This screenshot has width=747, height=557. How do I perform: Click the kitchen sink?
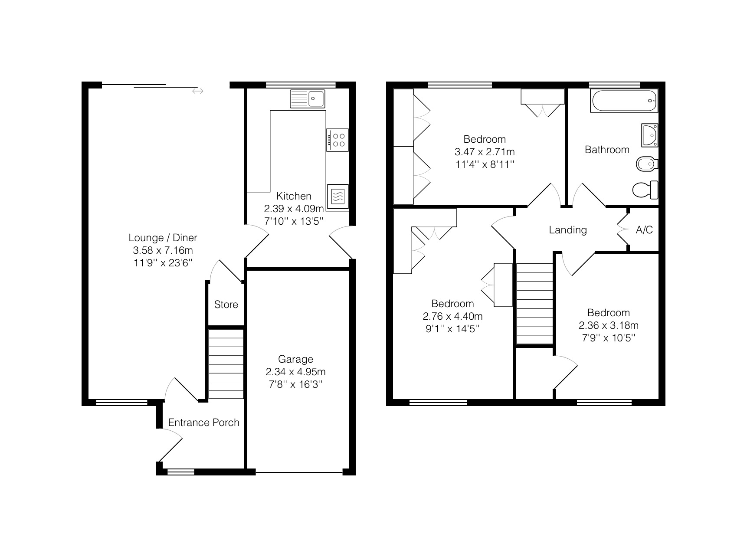coord(308,98)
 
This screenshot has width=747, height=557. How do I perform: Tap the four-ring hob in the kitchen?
coord(337,140)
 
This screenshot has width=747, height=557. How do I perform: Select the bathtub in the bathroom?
coord(624,101)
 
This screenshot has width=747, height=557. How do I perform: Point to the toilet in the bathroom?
coord(645,190)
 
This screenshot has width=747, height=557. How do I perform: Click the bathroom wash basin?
coord(650,135)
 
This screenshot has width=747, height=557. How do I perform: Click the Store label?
coord(226,305)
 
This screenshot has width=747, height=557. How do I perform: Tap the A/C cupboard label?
coord(644,230)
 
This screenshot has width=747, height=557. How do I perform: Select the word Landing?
coord(568,230)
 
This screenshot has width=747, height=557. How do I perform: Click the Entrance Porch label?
coord(203,423)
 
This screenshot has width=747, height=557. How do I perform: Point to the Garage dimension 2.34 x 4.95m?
coord(295,372)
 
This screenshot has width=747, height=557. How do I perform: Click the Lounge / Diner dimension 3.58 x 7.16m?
coord(163,250)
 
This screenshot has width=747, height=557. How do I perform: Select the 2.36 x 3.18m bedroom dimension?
coord(608,325)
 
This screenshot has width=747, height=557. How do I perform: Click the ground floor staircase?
coord(226,364)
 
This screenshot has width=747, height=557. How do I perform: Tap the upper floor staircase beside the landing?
coord(535,304)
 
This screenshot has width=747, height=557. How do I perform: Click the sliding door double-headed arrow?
coord(198,91)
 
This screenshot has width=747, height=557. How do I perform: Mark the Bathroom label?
coord(607,150)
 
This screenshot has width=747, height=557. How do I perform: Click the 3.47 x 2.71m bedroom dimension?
coord(485,152)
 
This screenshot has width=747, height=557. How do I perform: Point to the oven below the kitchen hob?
coord(338,196)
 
